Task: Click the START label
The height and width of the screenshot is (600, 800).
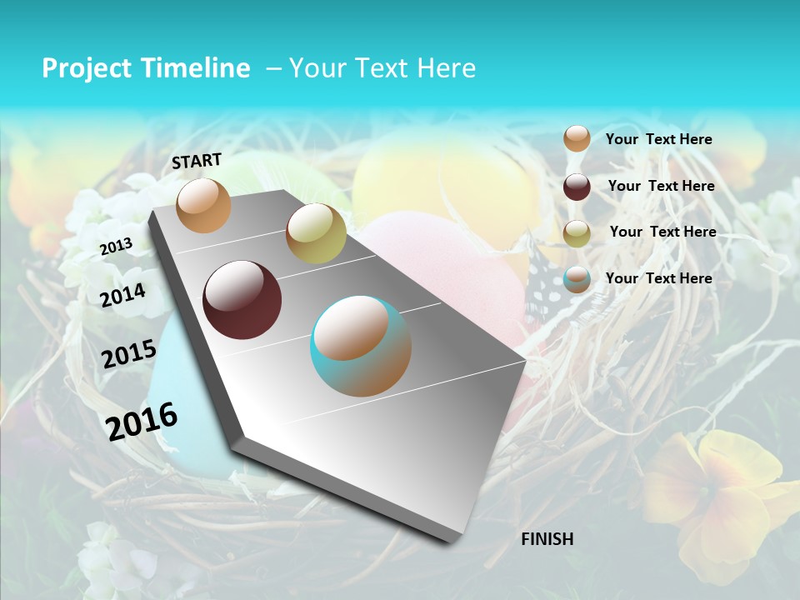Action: click(197, 160)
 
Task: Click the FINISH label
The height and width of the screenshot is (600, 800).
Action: click(547, 539)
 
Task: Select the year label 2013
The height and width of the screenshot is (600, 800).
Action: click(116, 246)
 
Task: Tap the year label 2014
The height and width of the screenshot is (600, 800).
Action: click(122, 295)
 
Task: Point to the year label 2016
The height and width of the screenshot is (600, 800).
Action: click(142, 422)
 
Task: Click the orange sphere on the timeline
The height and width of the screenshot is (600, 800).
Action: click(204, 205)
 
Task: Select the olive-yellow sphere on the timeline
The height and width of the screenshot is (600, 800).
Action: click(316, 233)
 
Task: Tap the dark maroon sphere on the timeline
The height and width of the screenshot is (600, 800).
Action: click(242, 300)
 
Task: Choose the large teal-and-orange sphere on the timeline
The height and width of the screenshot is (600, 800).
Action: click(361, 346)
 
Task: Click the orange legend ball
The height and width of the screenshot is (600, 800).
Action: click(577, 139)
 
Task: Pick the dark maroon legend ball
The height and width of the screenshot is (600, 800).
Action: click(577, 187)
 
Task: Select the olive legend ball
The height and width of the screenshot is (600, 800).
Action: click(577, 233)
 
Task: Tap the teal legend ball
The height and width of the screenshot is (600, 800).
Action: click(577, 279)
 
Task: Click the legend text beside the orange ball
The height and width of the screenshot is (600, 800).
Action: click(658, 139)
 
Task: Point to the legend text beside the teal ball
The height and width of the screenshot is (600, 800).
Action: click(658, 278)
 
